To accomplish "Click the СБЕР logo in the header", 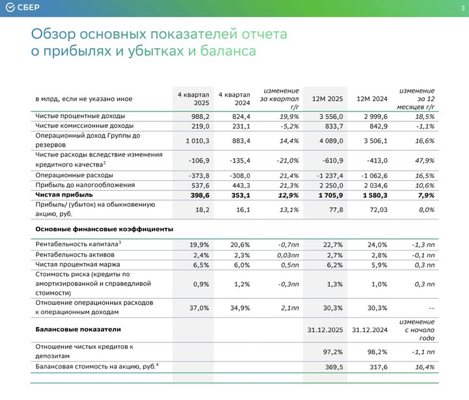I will [x=24, y=7].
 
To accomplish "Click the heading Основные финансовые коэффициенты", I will [x=104, y=229].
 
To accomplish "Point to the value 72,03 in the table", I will [x=377, y=209].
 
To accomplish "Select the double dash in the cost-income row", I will [x=430, y=308].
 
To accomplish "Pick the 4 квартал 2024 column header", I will [x=234, y=99].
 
